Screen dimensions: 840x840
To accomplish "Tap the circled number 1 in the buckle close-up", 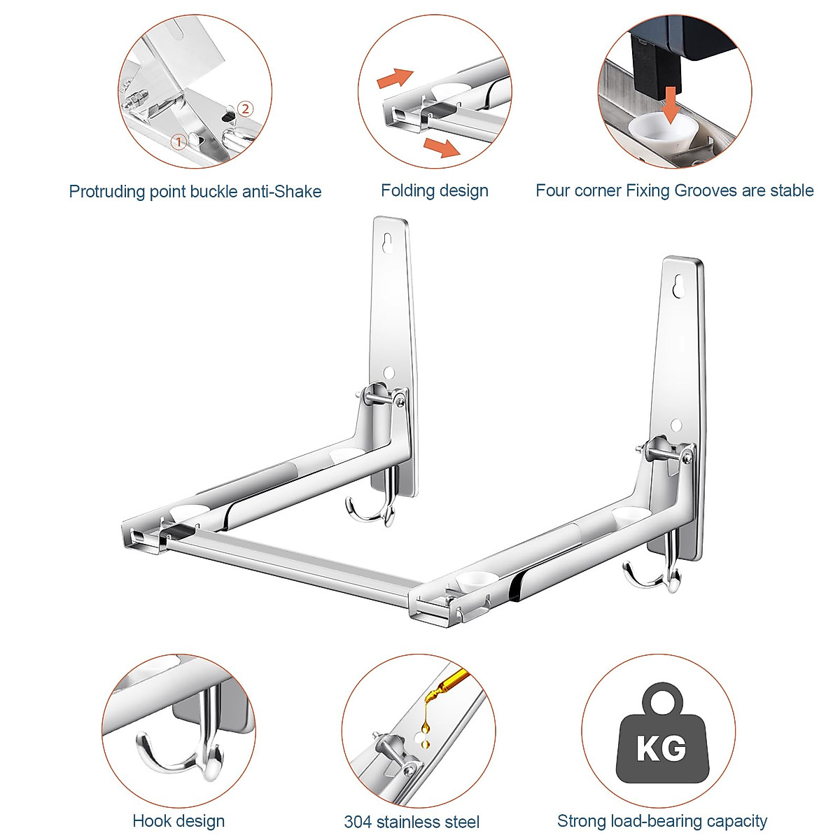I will pyautogui.click(x=178, y=141).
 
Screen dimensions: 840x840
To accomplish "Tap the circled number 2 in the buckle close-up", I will pyautogui.click(x=244, y=108).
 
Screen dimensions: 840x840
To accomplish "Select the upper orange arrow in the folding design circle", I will pyautogui.click(x=395, y=78).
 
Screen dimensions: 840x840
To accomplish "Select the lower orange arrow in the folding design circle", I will pyautogui.click(x=442, y=148).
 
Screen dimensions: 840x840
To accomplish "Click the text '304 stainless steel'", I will pyautogui.click(x=412, y=822).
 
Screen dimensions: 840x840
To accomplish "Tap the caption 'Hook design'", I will pyautogui.click(x=178, y=821).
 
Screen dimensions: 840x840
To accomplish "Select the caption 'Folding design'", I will pyautogui.click(x=434, y=190).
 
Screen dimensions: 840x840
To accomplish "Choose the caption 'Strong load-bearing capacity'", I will pyautogui.click(x=661, y=821).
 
